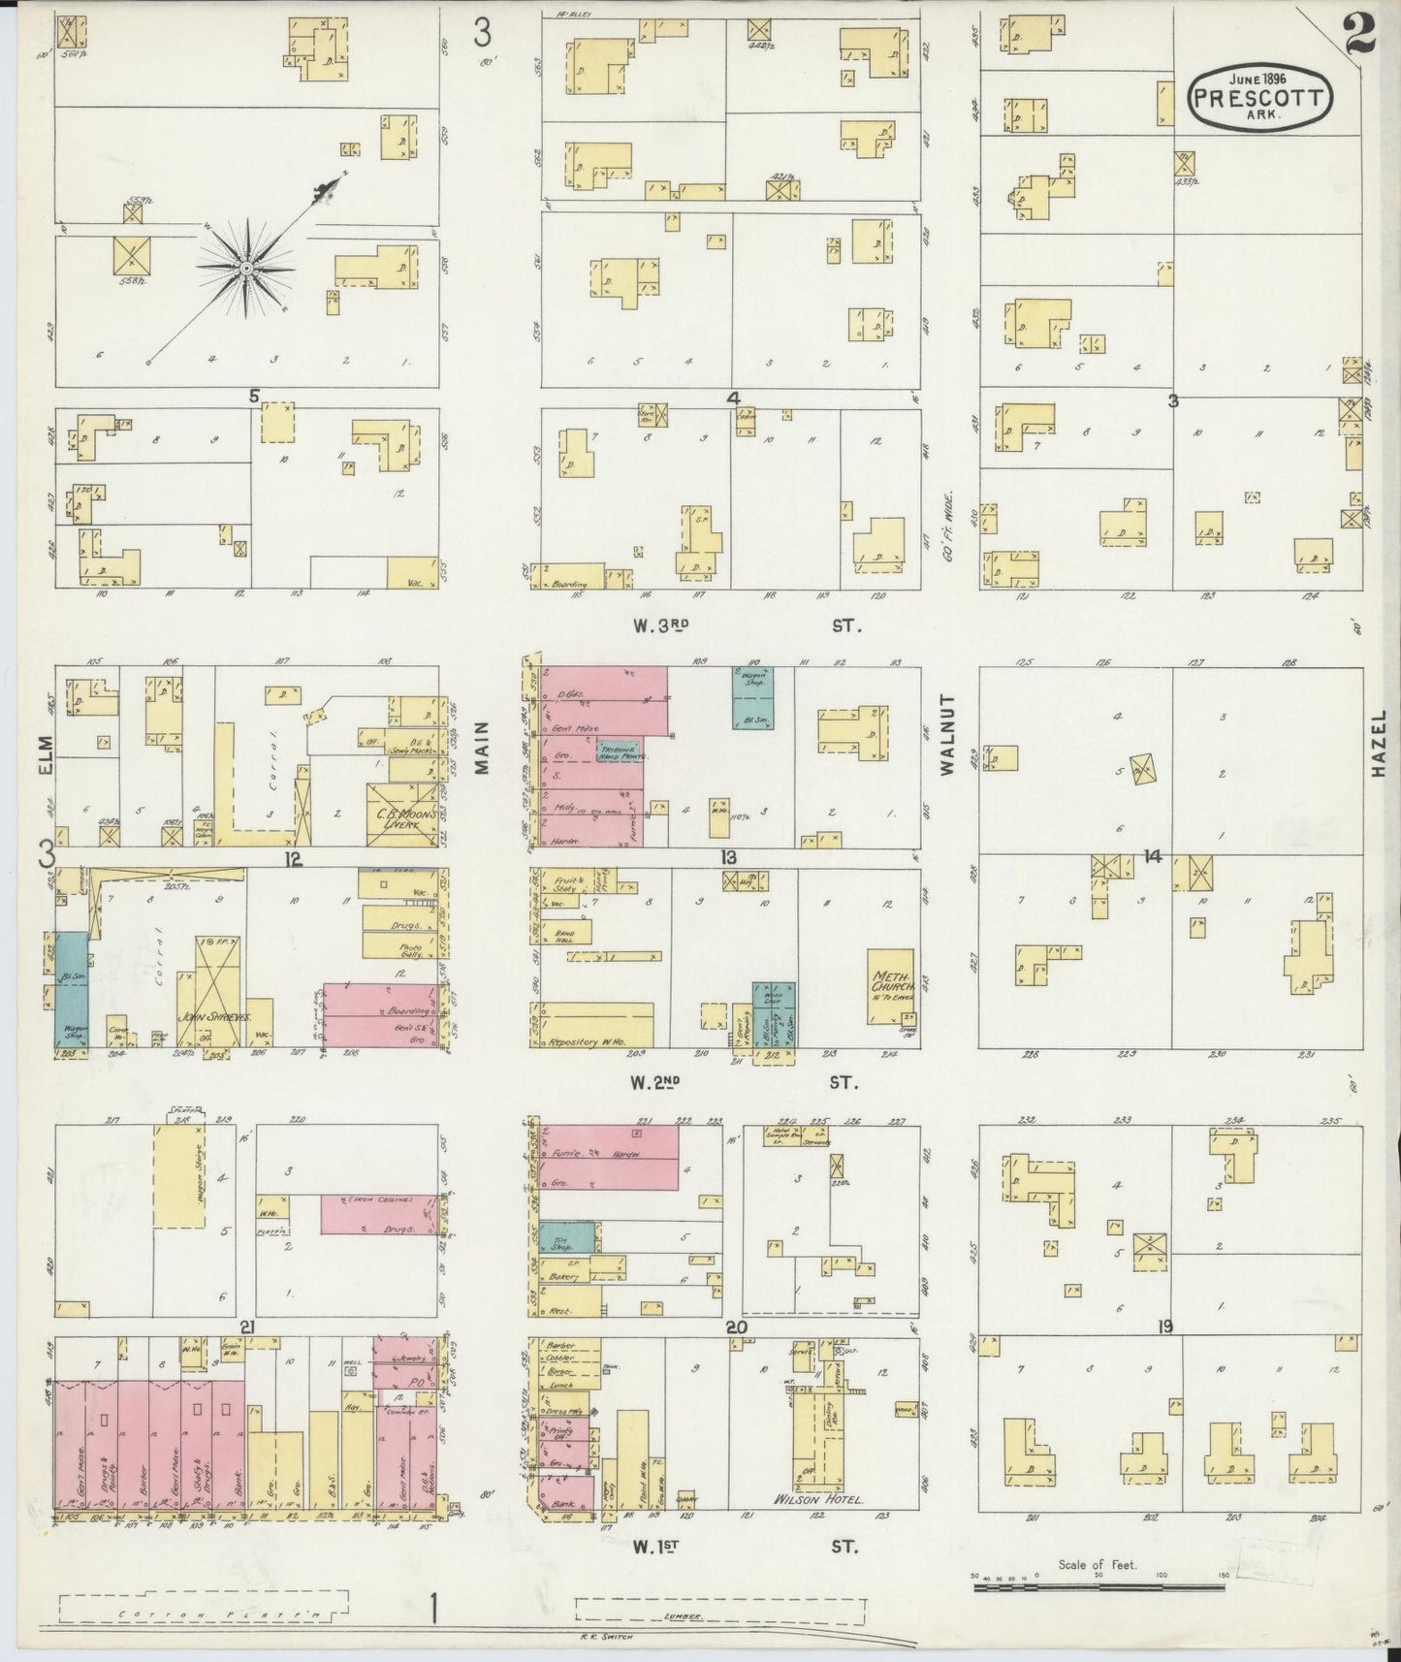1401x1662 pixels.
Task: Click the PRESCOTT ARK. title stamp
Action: click(1259, 96)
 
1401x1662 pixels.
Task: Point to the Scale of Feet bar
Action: click(1100, 1587)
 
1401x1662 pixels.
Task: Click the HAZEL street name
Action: click(1381, 742)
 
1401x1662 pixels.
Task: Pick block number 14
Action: click(1152, 856)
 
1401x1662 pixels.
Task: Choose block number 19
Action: click(1164, 1326)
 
